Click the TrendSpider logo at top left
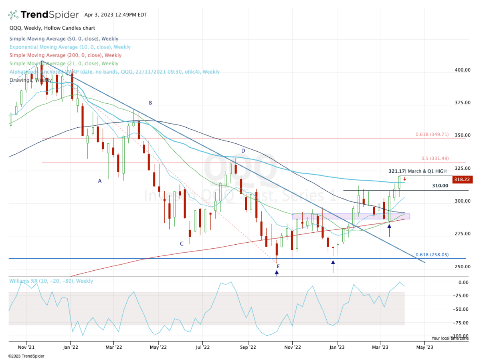pyautogui.click(x=44, y=15)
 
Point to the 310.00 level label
pyautogui.click(x=440, y=186)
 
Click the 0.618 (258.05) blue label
pyautogui.click(x=432, y=255)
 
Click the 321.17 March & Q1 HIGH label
pyautogui.click(x=417, y=171)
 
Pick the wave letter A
pyautogui.click(x=100, y=181)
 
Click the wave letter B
pyautogui.click(x=150, y=103)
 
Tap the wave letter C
pyautogui.click(x=182, y=243)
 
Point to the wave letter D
pyautogui.click(x=243, y=151)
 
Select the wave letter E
pyautogui.click(x=277, y=266)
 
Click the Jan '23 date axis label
pyautogui.click(x=337, y=343)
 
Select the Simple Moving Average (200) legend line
pyautogui.click(x=65, y=55)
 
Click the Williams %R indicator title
pyautogui.click(x=51, y=281)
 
